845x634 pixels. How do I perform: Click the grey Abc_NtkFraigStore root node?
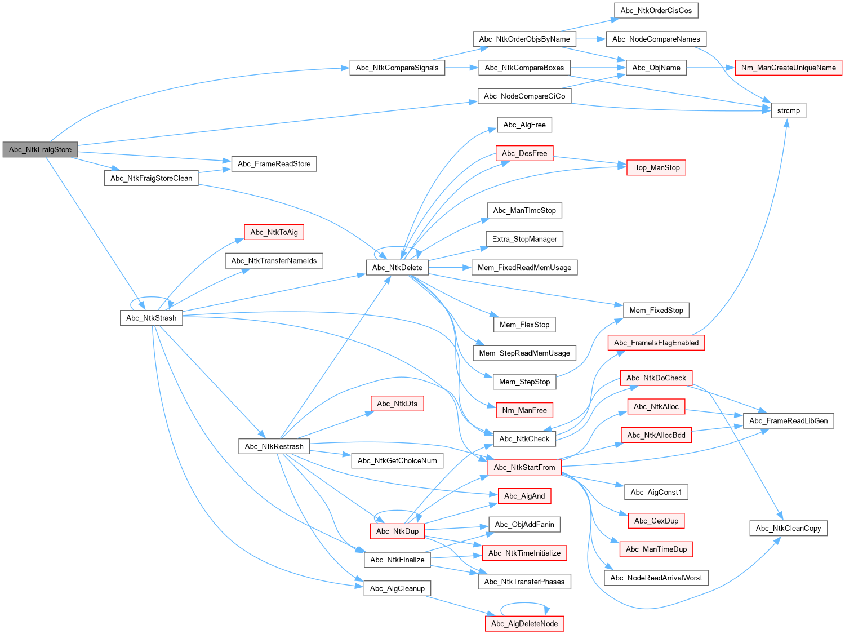point(40,149)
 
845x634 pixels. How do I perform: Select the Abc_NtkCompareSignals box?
point(397,68)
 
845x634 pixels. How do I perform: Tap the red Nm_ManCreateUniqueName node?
point(788,68)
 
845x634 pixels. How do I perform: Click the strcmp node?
point(788,110)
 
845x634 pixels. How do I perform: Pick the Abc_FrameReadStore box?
point(274,163)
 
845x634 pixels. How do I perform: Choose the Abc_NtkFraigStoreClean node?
point(151,178)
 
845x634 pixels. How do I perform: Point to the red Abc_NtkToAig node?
point(274,232)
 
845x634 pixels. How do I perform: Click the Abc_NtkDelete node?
point(397,267)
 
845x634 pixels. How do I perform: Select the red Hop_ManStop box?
point(656,167)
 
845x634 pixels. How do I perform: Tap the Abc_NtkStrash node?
point(151,318)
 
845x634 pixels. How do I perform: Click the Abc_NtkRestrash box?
point(274,446)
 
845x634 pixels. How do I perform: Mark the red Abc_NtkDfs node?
point(397,404)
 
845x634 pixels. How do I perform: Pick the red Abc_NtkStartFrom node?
point(524,467)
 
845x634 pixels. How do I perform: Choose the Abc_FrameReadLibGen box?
point(788,420)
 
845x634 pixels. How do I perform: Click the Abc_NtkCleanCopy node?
point(788,528)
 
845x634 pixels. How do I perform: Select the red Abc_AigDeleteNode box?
point(524,623)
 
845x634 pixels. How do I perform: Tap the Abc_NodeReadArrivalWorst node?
point(656,578)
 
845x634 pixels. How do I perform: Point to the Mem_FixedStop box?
point(656,310)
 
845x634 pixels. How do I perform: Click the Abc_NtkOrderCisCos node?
point(656,10)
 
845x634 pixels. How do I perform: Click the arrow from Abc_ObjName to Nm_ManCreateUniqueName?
point(710,68)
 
